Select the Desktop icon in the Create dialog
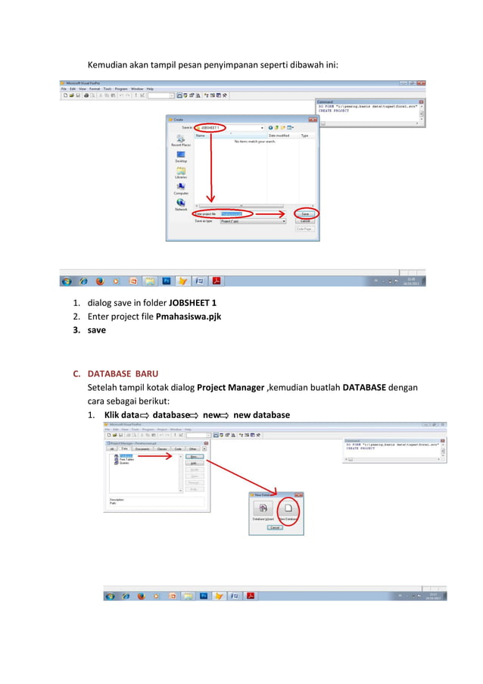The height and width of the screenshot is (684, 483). pos(181,156)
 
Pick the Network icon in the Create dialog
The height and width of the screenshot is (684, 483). pos(181,205)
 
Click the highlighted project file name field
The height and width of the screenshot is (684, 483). pos(237,214)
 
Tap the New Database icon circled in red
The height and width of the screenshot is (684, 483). pos(288,511)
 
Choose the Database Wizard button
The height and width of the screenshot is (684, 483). pos(263,511)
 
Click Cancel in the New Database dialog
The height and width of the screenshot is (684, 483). pos(276,526)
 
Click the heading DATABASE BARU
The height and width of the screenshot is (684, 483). pos(126,373)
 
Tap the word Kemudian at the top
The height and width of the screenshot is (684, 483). pos(111,64)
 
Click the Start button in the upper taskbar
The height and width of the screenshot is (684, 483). pos(67,281)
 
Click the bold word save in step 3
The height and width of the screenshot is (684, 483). pos(97,330)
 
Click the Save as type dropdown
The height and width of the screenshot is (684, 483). pos(253,221)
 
